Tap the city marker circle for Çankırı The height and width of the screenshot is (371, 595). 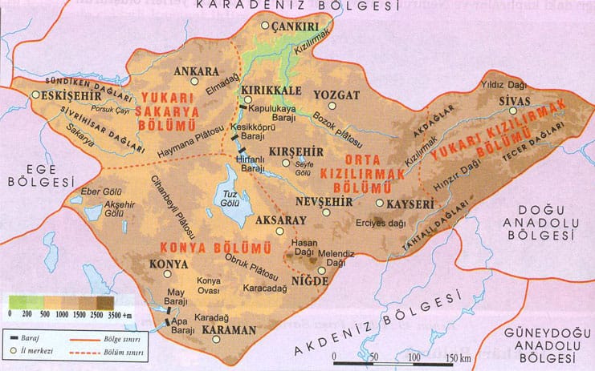click(x=267, y=26)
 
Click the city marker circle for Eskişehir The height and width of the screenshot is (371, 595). click(x=35, y=95)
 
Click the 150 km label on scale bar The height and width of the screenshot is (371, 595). click(x=453, y=357)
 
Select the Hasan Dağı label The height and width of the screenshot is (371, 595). click(x=305, y=246)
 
